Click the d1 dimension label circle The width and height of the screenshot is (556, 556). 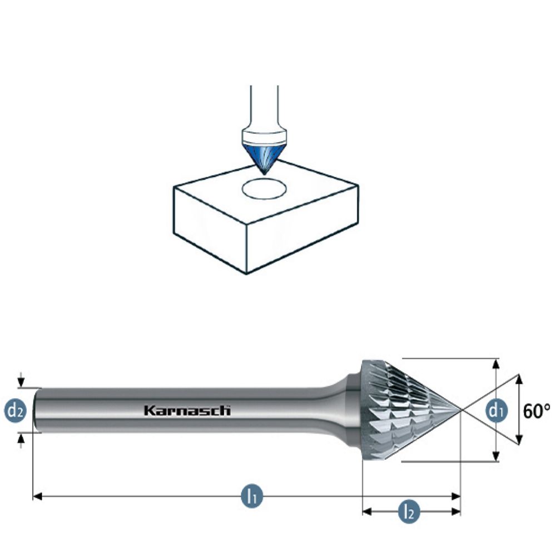coord(496,411)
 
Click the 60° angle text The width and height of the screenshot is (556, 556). coord(537,411)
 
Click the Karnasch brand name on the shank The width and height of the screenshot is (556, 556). coord(187,411)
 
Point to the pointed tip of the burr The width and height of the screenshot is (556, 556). coord(460,410)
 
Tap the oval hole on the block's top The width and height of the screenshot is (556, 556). coord(265,188)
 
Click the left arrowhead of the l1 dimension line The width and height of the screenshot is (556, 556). coord(37,495)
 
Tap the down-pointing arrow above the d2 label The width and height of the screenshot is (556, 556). coord(21,383)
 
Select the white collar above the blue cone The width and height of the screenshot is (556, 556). coord(265,136)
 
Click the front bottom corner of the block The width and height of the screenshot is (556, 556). coord(246,272)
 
